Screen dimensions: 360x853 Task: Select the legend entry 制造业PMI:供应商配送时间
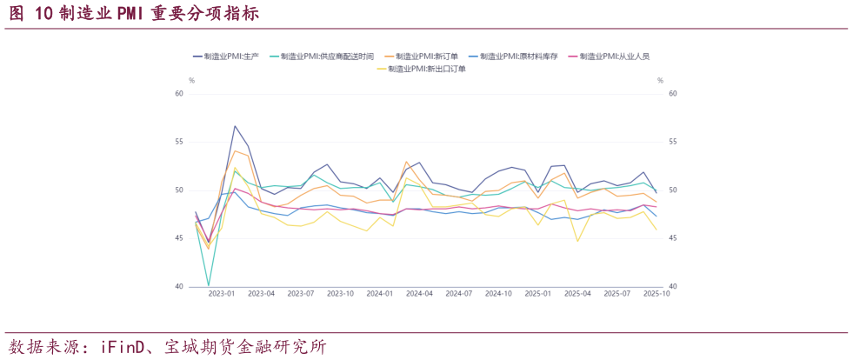point(327,56)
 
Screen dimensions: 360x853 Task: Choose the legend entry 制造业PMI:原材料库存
point(518,56)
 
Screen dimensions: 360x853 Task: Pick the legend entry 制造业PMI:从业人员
point(614,56)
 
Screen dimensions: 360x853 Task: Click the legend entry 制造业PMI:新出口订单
point(427,69)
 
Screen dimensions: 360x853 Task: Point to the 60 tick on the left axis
point(179,94)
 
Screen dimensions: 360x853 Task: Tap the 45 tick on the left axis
point(179,238)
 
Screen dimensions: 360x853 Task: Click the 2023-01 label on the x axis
point(222,294)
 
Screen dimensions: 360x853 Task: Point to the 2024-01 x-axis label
point(378,294)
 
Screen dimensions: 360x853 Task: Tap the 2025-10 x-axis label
point(655,294)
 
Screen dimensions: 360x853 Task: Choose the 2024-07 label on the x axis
point(457,294)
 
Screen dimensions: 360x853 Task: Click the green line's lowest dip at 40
point(209,285)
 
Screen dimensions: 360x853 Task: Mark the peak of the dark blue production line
point(235,126)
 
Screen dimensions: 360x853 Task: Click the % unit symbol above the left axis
point(191,80)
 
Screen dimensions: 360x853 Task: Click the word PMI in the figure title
point(137,14)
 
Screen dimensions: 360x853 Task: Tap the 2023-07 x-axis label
point(300,294)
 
